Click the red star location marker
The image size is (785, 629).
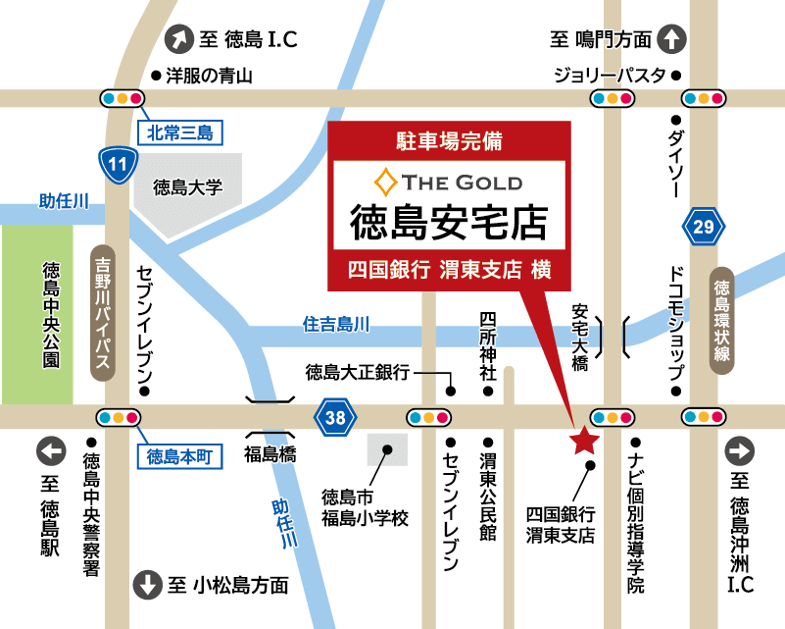[x=584, y=442]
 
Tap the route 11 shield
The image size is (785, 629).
[x=117, y=164]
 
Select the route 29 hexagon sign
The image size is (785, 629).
[x=704, y=227]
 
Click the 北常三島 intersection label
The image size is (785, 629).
[x=180, y=131]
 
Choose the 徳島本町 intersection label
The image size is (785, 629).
[x=178, y=455]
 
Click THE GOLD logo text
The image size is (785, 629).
[x=450, y=183]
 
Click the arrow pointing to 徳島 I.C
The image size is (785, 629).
[x=180, y=39]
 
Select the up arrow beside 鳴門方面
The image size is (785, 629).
[x=671, y=39]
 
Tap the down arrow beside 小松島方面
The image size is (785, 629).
[x=147, y=585]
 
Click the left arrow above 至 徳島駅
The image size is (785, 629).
[x=51, y=452]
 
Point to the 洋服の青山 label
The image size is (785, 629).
[x=209, y=76]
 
